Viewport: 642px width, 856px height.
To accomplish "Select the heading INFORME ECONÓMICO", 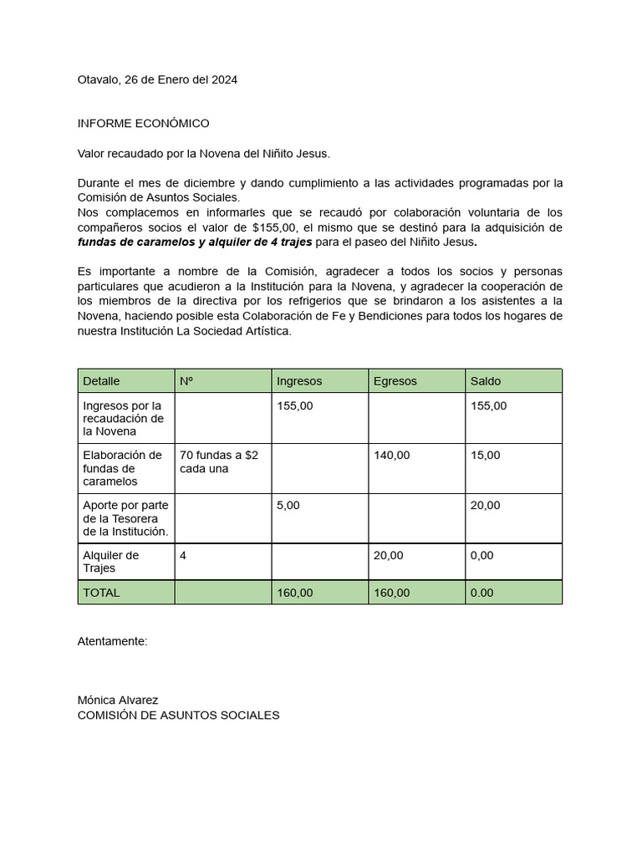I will (x=143, y=124).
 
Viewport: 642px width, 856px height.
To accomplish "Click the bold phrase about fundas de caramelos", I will (x=195, y=242).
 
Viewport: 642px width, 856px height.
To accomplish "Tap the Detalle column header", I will (x=101, y=381).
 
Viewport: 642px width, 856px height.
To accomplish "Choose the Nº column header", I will (x=186, y=381).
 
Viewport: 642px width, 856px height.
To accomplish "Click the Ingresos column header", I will (x=299, y=381).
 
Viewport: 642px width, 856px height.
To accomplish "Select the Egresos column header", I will (x=395, y=381).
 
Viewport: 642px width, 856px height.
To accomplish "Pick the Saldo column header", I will (x=486, y=381).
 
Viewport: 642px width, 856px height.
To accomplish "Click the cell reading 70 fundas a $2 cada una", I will (x=219, y=461).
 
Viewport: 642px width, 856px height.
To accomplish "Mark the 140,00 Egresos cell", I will (x=391, y=456).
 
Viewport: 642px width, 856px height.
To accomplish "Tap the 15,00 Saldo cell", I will (x=485, y=456).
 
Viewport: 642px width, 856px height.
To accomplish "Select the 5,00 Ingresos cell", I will (x=288, y=506).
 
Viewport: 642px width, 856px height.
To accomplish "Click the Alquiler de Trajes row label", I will (x=110, y=562).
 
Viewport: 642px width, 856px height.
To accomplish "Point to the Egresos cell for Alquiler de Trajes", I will (x=388, y=556).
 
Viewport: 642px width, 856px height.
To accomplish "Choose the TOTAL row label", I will (x=101, y=593).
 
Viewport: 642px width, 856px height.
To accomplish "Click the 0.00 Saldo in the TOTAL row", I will (x=481, y=593).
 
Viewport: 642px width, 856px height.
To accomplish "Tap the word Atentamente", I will (x=112, y=641).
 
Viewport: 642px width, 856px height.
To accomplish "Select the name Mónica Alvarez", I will (x=118, y=700).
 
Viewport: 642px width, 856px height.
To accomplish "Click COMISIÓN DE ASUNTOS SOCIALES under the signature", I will (x=178, y=716).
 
